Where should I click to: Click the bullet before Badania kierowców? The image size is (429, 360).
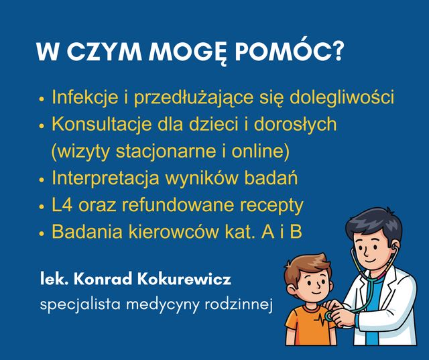click(42, 234)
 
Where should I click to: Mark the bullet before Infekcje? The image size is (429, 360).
click(42, 99)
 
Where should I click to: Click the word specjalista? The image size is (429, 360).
click(72, 305)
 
